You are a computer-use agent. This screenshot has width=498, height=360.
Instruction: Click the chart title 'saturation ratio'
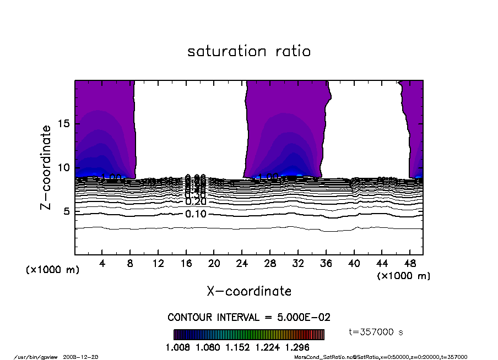249,51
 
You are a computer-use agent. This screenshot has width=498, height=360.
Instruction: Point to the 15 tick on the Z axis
64,124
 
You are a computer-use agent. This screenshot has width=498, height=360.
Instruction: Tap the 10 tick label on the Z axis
64,167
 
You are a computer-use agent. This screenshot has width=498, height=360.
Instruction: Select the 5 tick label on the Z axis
67,211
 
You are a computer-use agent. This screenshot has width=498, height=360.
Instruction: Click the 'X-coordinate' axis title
249,291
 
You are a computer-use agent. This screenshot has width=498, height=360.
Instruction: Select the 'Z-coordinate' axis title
46,167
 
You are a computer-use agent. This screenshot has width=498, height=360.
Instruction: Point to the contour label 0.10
196,214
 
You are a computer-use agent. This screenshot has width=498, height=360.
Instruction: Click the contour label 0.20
196,202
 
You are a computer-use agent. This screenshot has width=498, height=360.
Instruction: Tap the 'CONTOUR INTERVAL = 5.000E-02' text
249,318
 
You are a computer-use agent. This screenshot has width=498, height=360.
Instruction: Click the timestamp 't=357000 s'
377,332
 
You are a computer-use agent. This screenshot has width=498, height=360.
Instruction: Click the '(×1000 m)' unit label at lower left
53,270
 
